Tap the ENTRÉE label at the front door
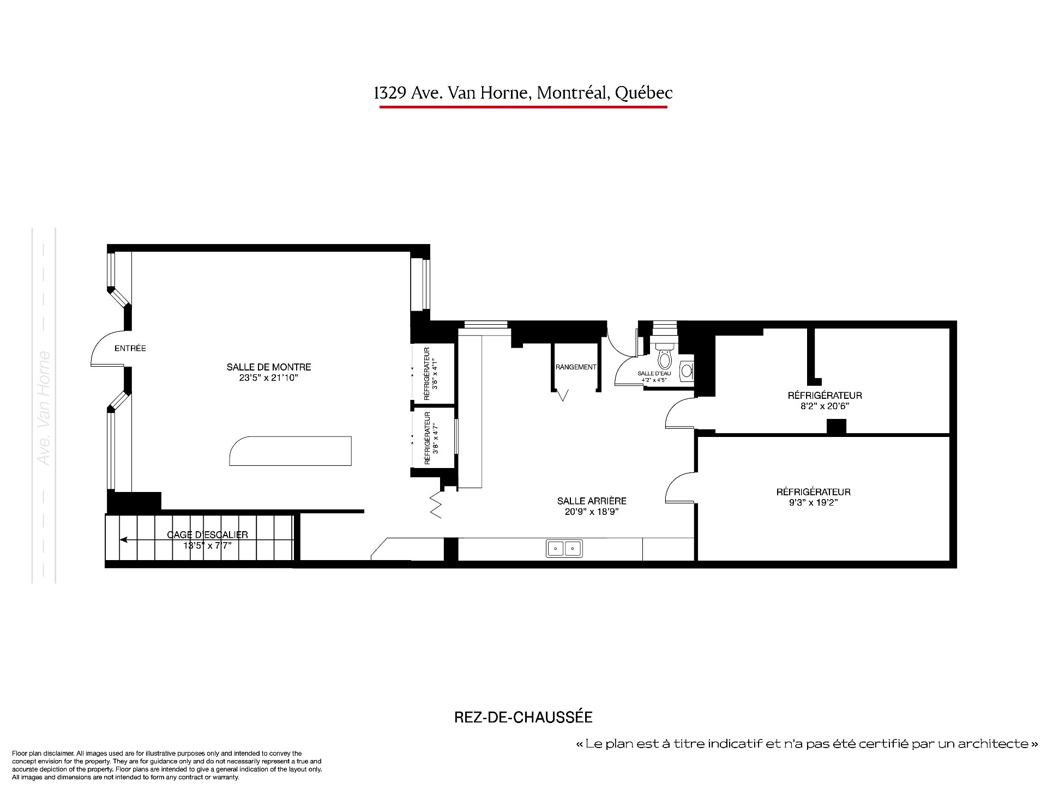(130, 348)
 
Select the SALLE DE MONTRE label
(269, 367)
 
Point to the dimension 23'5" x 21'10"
(269, 378)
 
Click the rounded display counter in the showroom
(290, 451)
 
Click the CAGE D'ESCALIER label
(207, 535)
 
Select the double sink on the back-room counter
(564, 548)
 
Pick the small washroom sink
(688, 371)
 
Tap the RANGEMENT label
(576, 367)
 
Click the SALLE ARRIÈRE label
(592, 501)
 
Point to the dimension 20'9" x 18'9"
(592, 512)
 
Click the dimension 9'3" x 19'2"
(813, 502)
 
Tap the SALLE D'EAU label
(654, 373)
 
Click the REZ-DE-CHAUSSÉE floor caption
(523, 717)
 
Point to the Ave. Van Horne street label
(44, 409)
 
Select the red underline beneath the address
(523, 107)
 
